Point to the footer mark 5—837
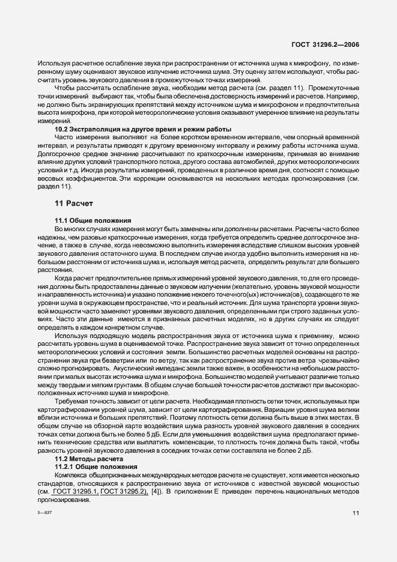pyautogui.click(x=44, y=514)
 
